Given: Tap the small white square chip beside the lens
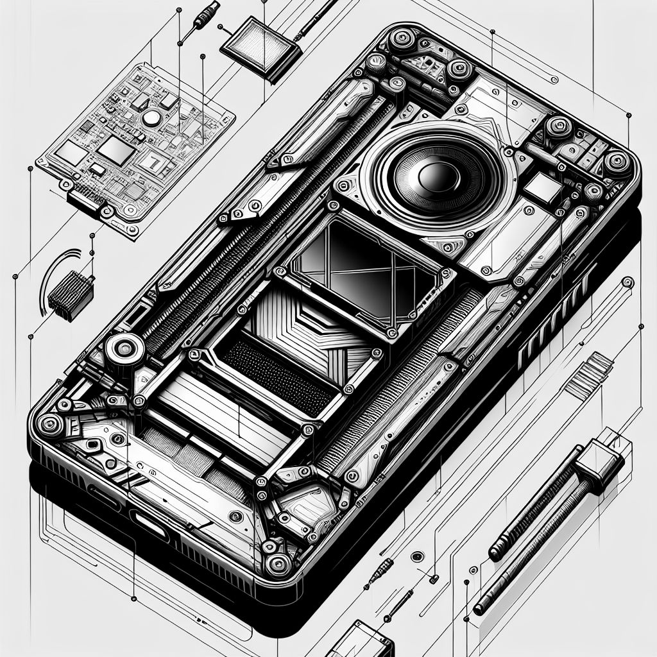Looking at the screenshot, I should pos(543,186).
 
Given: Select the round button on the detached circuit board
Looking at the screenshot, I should pos(151,118).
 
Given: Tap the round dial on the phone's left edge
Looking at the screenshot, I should pos(121,350).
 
